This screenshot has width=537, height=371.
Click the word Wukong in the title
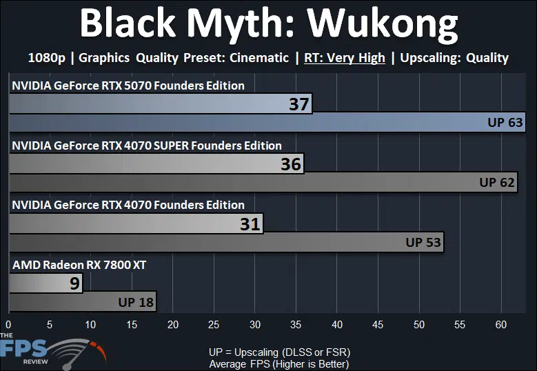point(382,25)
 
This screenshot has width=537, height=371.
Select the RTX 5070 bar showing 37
point(161,103)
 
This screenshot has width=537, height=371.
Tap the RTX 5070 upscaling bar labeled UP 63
point(267,122)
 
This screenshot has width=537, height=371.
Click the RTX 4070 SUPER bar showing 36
point(156,163)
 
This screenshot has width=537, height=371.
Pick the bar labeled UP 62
point(263,182)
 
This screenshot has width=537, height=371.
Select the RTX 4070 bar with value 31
point(136,223)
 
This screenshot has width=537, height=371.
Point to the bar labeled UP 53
point(226,242)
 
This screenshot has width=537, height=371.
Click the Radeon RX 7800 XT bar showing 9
point(45,283)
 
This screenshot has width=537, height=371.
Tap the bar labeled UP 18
point(83,302)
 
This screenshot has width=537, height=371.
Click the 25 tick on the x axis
point(214,324)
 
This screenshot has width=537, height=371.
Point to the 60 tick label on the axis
point(501,324)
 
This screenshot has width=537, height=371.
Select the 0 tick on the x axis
point(8,324)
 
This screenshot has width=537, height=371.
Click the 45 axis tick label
point(378,324)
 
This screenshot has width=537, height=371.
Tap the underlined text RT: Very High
point(345,58)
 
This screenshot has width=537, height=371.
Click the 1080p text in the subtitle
point(47,58)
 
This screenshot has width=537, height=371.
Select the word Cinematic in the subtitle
point(259,57)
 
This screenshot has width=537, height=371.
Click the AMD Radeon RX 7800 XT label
point(79,265)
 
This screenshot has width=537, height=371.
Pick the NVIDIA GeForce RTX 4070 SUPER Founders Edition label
point(147,146)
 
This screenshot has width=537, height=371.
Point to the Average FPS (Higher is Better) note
point(279,364)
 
